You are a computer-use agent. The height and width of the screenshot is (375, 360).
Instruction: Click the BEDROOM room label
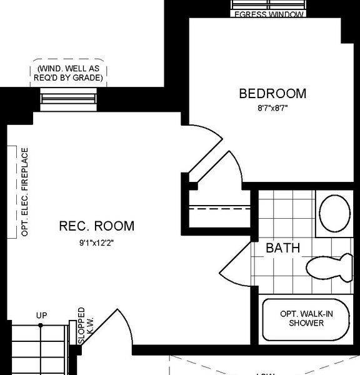click(272, 94)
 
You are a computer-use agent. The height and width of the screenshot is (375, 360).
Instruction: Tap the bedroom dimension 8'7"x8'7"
click(272, 108)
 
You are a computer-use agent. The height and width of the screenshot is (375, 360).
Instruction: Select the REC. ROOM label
click(97, 226)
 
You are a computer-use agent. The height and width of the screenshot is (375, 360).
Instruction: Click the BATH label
click(282, 248)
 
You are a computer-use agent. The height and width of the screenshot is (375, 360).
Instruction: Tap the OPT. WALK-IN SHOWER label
click(306, 319)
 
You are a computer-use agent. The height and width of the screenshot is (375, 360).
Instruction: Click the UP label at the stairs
click(41, 316)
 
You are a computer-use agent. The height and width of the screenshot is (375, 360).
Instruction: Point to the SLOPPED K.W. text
click(85, 326)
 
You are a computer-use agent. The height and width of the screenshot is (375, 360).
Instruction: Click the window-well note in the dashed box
click(69, 74)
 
